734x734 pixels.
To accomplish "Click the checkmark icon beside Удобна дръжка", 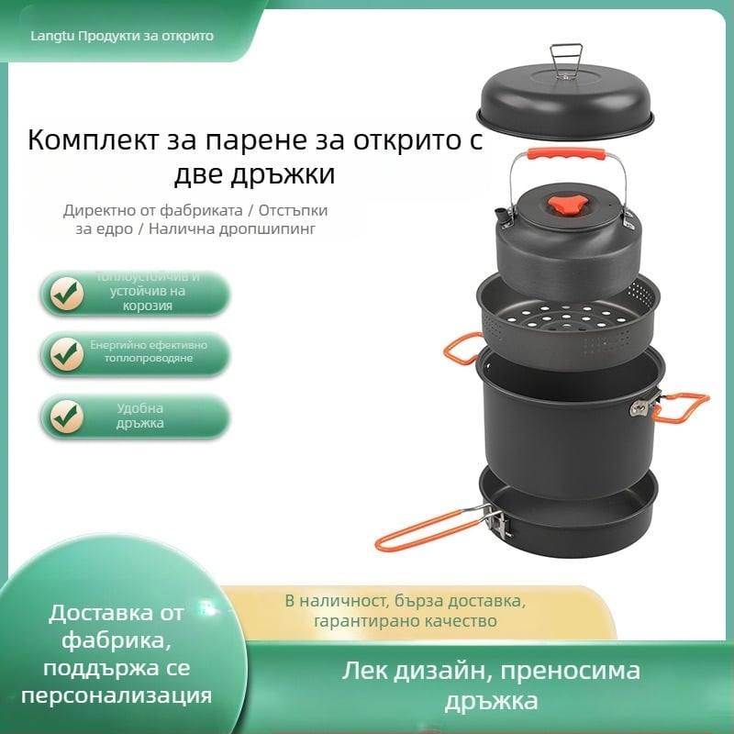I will (x=67, y=416).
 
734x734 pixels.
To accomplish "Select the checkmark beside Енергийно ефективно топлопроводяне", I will (x=67, y=351).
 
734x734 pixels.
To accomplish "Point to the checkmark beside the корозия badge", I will (x=67, y=293).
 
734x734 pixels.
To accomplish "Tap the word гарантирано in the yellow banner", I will (x=359, y=621).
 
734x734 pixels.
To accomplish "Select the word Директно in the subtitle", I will (x=97, y=210).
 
